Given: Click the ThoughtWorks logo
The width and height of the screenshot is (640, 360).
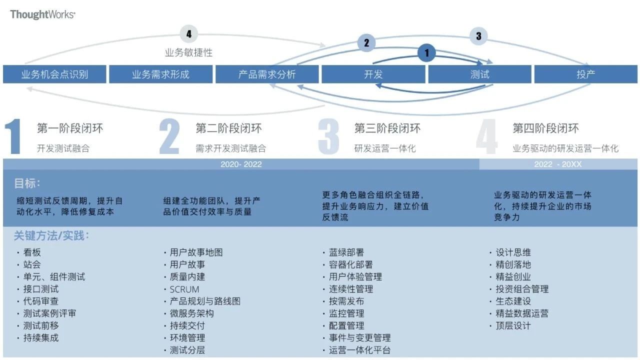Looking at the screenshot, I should point(42,14).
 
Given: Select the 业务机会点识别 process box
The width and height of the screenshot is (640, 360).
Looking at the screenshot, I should point(54,74).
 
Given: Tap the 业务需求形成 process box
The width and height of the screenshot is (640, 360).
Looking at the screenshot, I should point(160,74).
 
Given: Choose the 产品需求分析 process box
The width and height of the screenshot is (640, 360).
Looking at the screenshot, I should point(267,74).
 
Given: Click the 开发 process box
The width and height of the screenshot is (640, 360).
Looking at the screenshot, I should point(373,74).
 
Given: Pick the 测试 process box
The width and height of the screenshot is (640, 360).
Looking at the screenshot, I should point(479,74).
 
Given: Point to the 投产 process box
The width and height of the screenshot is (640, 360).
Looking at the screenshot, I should point(585,74).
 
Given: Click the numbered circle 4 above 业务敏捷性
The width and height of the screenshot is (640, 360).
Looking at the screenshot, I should point(188,34).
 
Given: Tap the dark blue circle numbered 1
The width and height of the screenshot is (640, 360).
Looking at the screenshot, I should point(426,52).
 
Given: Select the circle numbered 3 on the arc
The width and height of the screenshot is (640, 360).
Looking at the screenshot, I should point(478,36).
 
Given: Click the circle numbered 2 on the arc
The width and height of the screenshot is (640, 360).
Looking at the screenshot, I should point(366,43).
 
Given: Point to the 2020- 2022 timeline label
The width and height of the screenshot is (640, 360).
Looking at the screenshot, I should point(241,164).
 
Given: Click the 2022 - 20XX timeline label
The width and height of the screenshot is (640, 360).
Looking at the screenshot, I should point(557,164).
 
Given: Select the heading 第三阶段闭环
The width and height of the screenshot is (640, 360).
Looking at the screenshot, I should point(387,128).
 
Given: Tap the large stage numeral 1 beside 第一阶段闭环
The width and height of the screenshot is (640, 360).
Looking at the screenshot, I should point(13,136).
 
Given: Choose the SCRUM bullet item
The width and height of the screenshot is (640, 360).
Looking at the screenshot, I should point(184,289).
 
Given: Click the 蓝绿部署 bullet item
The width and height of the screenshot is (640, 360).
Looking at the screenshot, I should point(346,252).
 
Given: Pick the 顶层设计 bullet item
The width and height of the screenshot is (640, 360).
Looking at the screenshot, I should point(513,325).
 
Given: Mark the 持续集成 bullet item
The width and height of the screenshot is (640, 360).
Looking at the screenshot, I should point(40,337).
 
